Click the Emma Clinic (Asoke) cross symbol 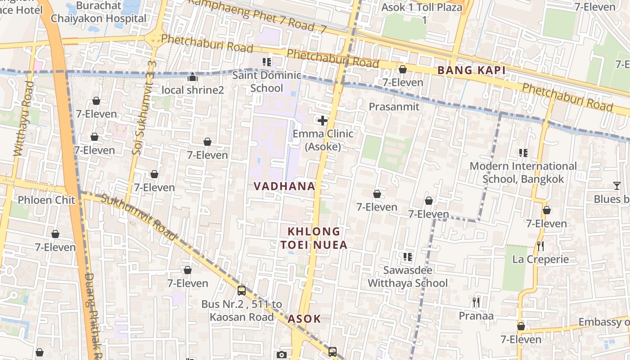(x=323, y=121)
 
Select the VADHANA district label (x=284, y=186)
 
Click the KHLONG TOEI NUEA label (x=314, y=238)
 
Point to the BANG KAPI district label (x=471, y=70)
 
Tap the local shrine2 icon (x=193, y=77)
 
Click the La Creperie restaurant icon (x=540, y=246)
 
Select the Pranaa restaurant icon (x=476, y=302)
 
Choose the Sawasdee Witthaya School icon (x=407, y=257)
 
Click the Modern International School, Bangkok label (x=523, y=172)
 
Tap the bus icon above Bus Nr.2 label (x=242, y=290)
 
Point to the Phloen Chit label (x=46, y=200)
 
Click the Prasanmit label (x=394, y=107)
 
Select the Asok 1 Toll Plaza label (x=422, y=13)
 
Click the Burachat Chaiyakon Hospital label (x=99, y=12)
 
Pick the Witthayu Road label (x=23, y=119)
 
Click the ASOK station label (x=304, y=319)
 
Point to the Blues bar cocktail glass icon (x=616, y=186)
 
